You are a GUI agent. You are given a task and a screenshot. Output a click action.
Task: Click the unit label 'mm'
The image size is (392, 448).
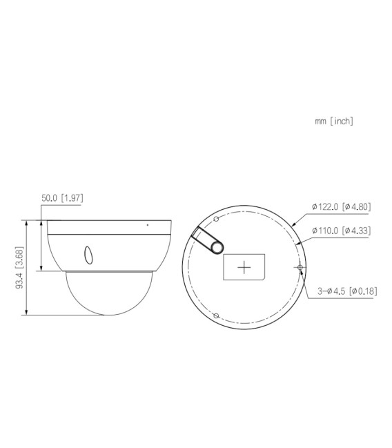320,121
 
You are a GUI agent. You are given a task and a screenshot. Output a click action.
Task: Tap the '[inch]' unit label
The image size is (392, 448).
342,121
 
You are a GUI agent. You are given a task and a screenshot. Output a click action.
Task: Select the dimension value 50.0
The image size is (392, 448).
50,198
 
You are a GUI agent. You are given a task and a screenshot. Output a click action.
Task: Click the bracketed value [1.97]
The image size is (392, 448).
72,198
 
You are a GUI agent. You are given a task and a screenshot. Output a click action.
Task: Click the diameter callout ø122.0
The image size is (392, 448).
326,206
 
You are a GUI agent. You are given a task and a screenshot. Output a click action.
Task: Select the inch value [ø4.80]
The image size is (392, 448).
356,206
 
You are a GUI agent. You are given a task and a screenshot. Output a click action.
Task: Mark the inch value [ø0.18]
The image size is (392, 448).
363,291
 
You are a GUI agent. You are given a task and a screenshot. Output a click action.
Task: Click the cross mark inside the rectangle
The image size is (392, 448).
244,267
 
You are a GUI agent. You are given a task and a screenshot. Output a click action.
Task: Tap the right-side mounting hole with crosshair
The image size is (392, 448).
300,266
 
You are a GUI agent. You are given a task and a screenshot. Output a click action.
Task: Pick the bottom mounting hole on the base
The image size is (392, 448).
216,315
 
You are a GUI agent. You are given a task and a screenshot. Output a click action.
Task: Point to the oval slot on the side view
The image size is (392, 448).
88,255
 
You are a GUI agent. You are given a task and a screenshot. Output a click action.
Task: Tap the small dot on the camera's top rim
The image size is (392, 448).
147,224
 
